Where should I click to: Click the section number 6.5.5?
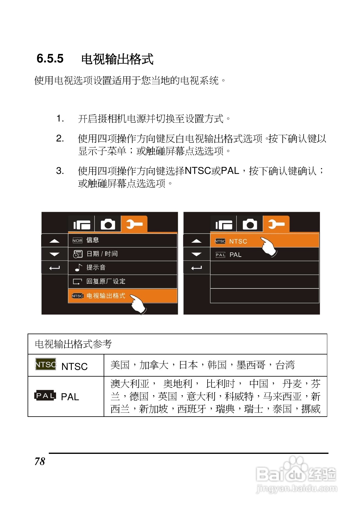click(x=50, y=58)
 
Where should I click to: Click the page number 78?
click(x=40, y=461)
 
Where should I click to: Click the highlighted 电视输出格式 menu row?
click(x=106, y=296)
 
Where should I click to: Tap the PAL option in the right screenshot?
click(x=235, y=255)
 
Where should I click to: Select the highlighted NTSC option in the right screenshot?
click(x=238, y=241)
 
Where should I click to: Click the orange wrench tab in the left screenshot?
click(x=134, y=225)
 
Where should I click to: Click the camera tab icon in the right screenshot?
click(x=250, y=225)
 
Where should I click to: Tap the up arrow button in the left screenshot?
click(x=55, y=241)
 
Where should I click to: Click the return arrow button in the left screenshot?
click(x=55, y=268)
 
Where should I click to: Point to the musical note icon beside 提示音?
click(x=78, y=268)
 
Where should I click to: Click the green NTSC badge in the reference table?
click(x=46, y=364)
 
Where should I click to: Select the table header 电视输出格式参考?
click(x=73, y=344)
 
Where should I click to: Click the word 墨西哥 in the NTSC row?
click(x=251, y=365)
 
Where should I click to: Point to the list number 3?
click(x=60, y=171)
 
